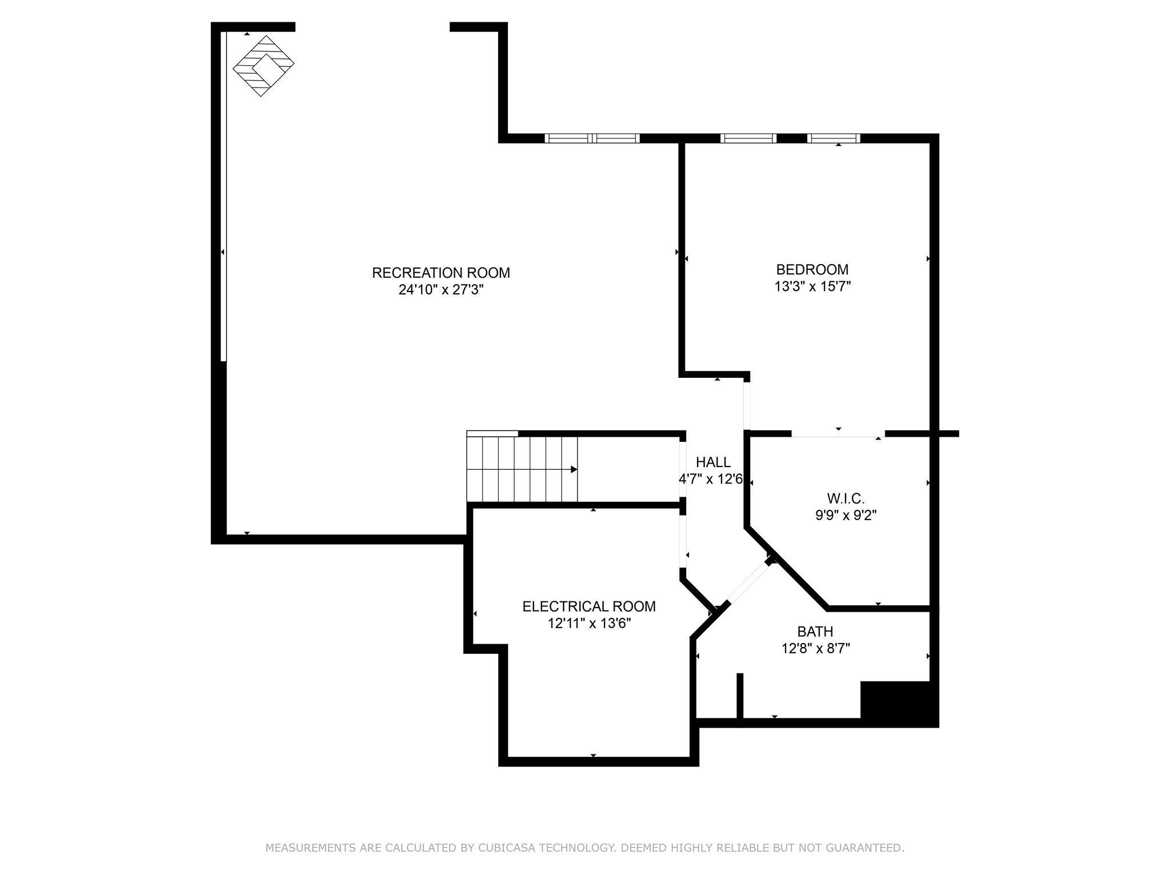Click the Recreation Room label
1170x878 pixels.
coord(440,273)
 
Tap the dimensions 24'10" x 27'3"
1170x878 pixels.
coord(440,290)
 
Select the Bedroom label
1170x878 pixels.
coord(812,269)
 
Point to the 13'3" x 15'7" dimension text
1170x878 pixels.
coord(812,286)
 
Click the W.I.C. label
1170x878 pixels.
coord(846,498)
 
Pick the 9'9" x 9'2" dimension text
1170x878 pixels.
coord(846,515)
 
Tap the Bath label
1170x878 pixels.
coord(815,632)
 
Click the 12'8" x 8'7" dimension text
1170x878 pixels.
coord(815,649)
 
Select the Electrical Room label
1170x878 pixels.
coord(589,606)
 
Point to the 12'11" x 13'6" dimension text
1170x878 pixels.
coord(589,623)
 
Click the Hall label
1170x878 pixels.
coord(712,462)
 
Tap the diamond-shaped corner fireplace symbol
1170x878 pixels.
coord(263,66)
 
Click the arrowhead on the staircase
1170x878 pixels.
coord(574,469)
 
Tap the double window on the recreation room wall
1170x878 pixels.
coord(592,138)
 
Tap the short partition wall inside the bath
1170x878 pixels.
coord(740,696)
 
